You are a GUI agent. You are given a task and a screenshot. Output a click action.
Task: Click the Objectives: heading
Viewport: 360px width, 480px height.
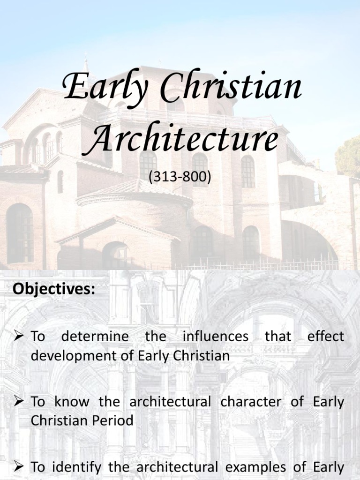(x=53, y=289)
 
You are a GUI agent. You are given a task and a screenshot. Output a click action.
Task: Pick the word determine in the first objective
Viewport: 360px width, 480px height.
(x=95, y=336)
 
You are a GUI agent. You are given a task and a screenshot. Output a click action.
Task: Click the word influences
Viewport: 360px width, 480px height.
(x=216, y=336)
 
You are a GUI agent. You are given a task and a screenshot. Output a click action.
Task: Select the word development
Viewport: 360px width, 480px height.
(x=72, y=356)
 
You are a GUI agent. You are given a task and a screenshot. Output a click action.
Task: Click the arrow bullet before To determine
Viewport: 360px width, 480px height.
(x=19, y=336)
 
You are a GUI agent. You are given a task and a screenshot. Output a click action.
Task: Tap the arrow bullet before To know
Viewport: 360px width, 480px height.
(x=19, y=402)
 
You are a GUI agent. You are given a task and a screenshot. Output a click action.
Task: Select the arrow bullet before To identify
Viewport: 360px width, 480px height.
(x=19, y=466)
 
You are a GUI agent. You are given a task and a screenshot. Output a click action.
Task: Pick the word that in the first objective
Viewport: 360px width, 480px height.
(x=278, y=336)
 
